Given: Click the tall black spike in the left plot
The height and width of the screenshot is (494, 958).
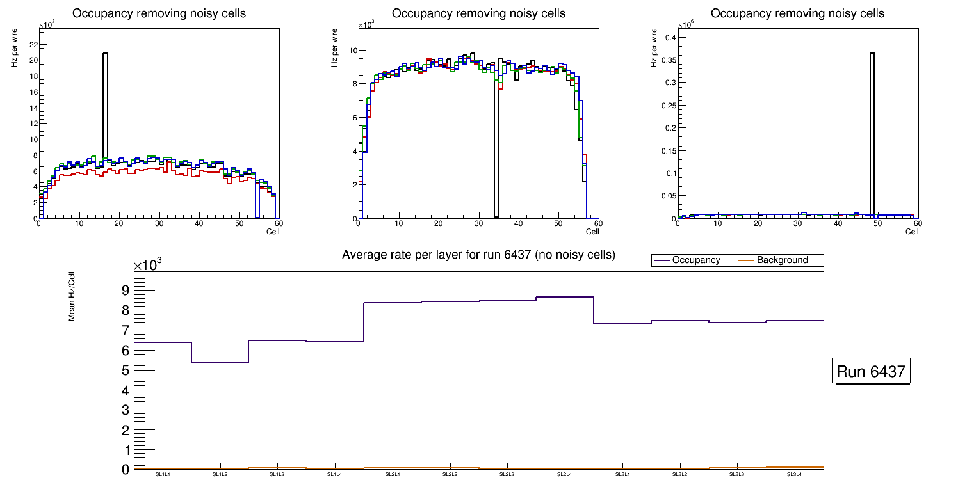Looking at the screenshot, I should tap(105, 102).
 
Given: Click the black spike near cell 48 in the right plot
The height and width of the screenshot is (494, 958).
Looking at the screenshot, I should tap(872, 128).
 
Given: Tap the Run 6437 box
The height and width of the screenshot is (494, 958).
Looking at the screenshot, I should tap(871, 371).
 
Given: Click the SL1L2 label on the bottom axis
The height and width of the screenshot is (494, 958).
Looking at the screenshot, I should tap(220, 475).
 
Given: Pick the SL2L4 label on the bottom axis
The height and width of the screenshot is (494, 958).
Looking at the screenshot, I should tap(564, 475).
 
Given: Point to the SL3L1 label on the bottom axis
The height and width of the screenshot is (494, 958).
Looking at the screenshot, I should tap(622, 475).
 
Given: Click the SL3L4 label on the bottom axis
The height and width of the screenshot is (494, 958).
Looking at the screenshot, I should tap(794, 475).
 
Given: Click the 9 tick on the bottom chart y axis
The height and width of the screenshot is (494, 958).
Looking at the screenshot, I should tap(126, 291).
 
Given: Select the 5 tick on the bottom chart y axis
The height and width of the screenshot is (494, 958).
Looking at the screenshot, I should tap(126, 371).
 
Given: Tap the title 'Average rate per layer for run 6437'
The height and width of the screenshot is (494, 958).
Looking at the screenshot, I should tap(478, 255).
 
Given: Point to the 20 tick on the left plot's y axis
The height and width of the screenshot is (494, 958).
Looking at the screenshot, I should tap(31, 60).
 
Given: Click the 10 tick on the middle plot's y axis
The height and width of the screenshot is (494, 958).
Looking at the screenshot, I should tap(353, 51).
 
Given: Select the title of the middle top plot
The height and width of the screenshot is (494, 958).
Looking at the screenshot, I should tap(478, 13).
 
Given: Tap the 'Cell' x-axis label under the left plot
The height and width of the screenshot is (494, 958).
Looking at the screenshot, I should tap(273, 232).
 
